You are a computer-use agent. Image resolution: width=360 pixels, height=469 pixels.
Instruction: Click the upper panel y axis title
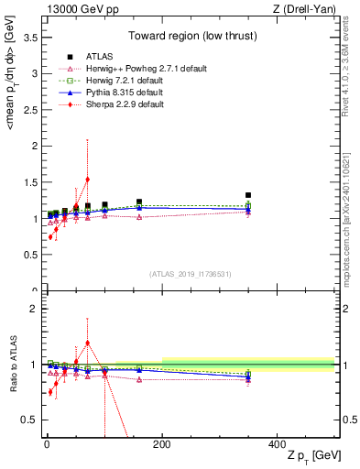click(10, 156)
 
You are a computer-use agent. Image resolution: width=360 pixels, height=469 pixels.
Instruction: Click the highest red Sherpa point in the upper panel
click(87, 180)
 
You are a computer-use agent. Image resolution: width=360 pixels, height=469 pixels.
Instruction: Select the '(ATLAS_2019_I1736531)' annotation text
click(191, 274)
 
